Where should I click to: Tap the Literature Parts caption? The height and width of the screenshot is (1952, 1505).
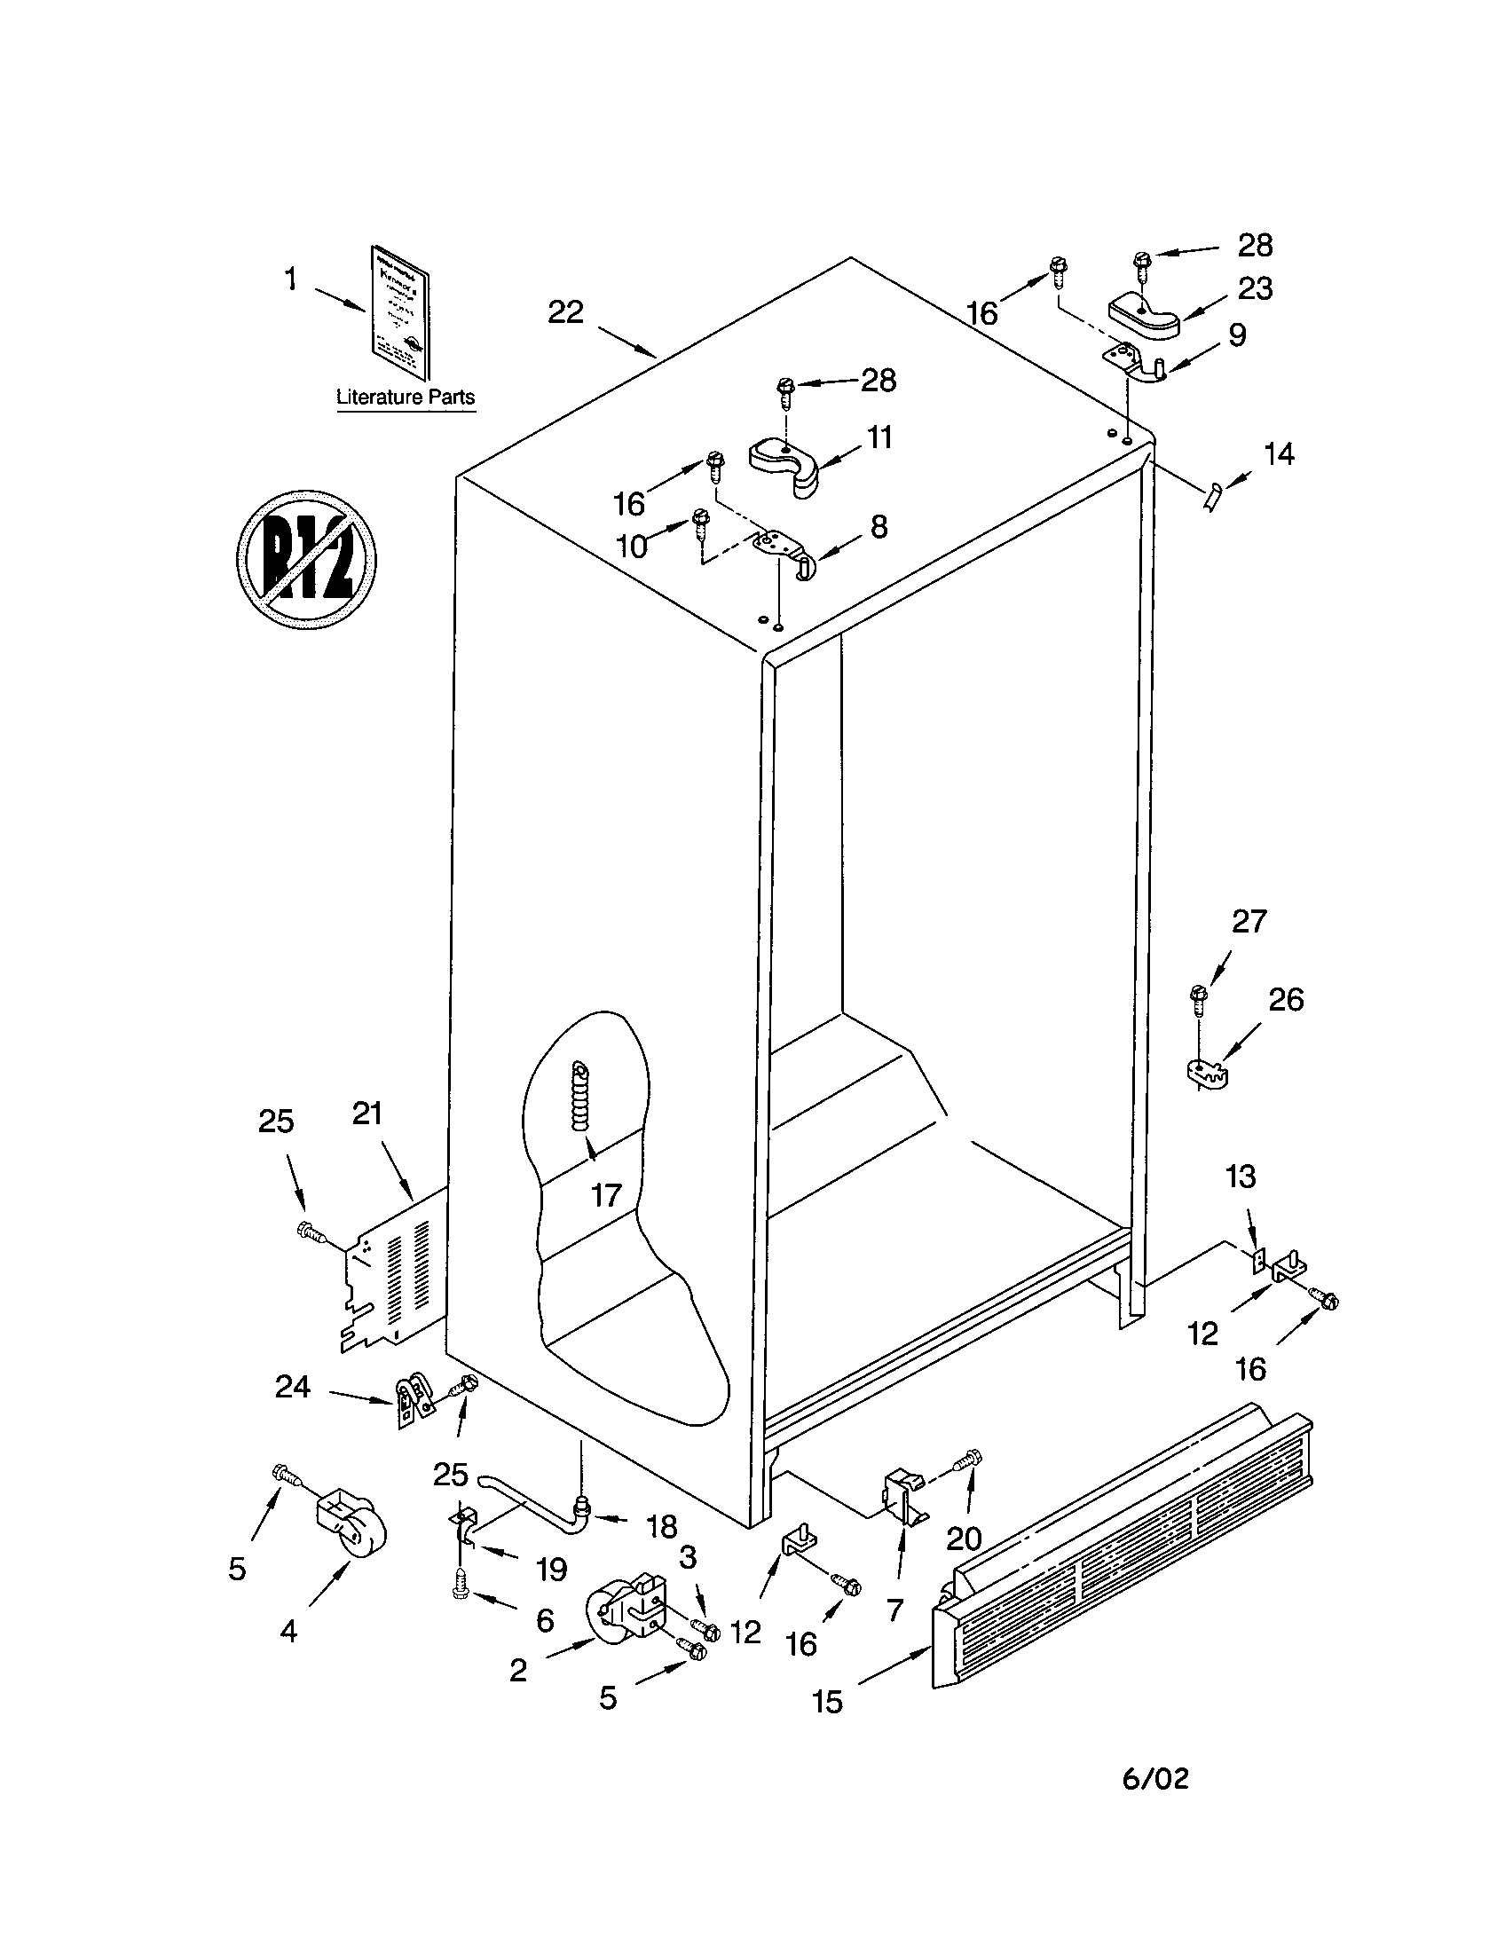(405, 397)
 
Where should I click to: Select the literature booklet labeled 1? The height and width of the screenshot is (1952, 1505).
(400, 312)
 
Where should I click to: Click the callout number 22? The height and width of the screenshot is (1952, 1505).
(565, 312)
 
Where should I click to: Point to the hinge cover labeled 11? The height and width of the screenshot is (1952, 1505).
(784, 462)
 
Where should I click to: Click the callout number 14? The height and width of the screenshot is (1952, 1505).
(1279, 454)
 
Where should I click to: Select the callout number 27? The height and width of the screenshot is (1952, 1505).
(1249, 922)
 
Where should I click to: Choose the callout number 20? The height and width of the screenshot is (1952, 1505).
(964, 1539)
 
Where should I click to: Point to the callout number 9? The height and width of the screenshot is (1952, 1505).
(1237, 335)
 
